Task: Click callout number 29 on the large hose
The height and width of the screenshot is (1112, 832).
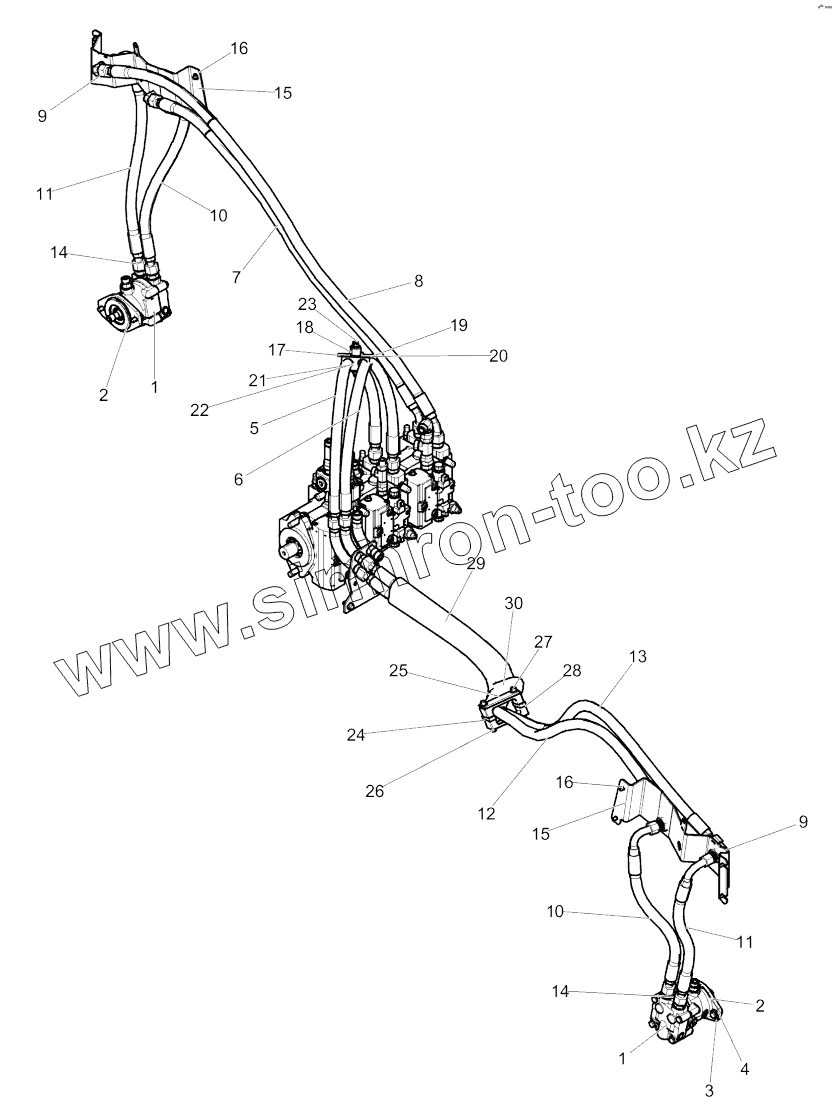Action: click(476, 564)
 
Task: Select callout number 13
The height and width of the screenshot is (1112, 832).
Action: click(638, 657)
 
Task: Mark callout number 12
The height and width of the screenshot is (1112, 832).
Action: click(486, 814)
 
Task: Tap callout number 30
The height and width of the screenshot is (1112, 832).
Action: click(513, 603)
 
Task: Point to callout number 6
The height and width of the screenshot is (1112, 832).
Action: click(238, 479)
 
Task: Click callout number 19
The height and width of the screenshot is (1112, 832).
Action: click(458, 325)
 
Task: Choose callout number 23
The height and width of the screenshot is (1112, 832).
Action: click(306, 304)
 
